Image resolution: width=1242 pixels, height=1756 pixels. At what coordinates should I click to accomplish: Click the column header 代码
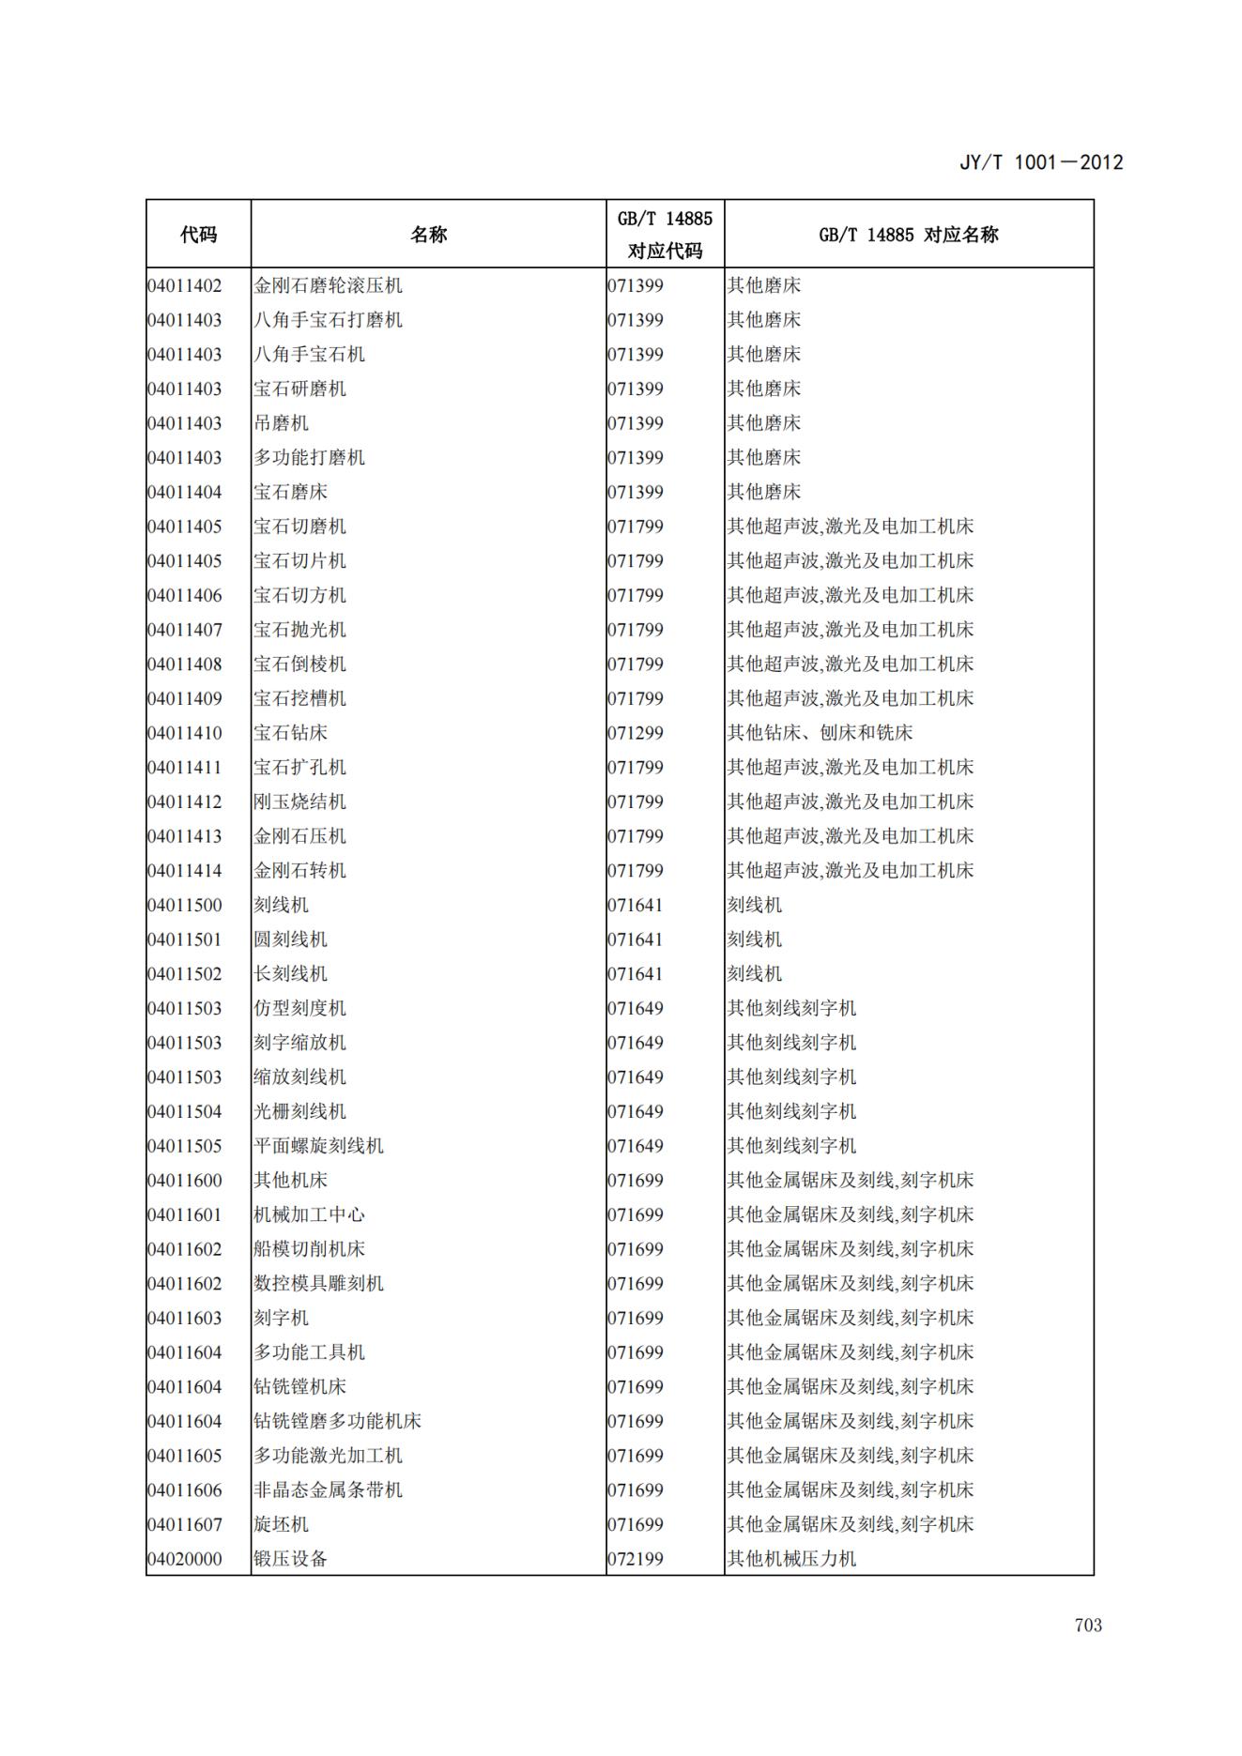point(198,235)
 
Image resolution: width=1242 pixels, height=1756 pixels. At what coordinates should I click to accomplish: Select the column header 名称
point(428,235)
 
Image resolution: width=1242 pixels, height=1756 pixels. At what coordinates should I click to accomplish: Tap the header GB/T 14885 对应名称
point(908,235)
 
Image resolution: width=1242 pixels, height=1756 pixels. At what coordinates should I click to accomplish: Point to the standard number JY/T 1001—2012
point(1040,162)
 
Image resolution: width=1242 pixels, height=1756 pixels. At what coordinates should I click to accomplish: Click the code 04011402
point(185,285)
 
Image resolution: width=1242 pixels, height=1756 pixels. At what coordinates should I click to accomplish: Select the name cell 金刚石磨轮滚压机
point(328,285)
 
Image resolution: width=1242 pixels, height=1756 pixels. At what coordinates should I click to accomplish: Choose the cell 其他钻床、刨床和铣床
point(820,733)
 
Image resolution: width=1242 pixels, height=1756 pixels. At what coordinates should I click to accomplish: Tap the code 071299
point(636,733)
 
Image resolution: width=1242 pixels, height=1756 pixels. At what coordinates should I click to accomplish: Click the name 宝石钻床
point(290,733)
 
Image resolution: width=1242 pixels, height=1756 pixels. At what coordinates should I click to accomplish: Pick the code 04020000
point(185,1559)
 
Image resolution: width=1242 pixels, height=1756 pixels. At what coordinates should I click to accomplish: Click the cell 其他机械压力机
point(791,1559)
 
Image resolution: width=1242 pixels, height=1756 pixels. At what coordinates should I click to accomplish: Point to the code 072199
point(636,1559)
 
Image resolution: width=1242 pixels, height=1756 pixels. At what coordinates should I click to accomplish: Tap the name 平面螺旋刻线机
point(318,1146)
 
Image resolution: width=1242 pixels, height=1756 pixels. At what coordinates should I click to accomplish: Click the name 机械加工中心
point(309,1214)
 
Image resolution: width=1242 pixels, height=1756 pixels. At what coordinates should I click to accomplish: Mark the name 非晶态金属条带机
point(328,1490)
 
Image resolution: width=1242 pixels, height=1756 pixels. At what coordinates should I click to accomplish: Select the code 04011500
point(185,905)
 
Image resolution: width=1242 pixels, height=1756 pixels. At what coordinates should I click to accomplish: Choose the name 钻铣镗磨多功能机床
point(337,1421)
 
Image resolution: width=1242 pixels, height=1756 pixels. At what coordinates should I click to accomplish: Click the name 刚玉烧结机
point(299,802)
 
